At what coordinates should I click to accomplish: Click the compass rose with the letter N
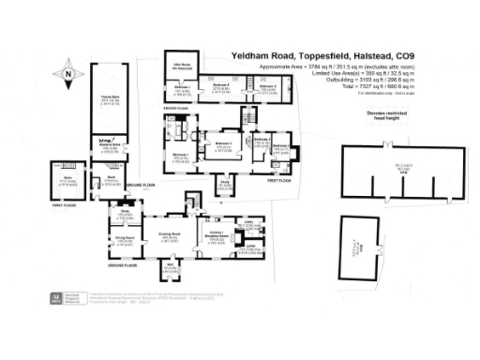[x=68, y=71]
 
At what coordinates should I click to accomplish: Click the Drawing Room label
[x=170, y=235]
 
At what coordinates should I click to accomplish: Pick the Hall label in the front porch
[x=171, y=269]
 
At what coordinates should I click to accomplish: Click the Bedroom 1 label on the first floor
[x=180, y=156]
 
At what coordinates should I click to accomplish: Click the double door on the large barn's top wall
[x=387, y=146]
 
